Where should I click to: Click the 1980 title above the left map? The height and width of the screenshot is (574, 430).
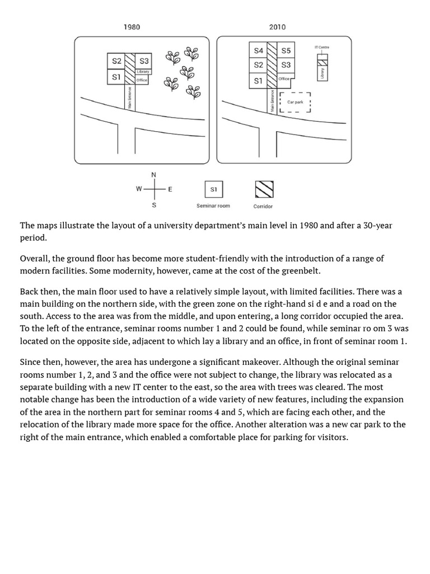pos(132,27)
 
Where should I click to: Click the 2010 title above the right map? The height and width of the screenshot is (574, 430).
pos(277,27)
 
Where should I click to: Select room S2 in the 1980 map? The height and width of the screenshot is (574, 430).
pos(116,61)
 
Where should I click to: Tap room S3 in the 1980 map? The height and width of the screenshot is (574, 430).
pos(144,61)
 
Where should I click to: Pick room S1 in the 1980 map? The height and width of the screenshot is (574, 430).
pos(116,77)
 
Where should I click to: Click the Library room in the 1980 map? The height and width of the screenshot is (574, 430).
pos(143,72)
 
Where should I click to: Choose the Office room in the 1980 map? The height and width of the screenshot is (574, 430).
pos(142,80)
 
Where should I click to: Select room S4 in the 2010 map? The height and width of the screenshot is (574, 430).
pos(258,50)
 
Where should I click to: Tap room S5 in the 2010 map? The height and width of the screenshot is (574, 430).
pos(286,50)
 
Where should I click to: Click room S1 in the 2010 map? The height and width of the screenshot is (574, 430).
pos(258,81)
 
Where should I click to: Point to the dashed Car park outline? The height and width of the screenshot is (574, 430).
pos(295,102)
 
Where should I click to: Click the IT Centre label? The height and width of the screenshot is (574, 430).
pos(322,48)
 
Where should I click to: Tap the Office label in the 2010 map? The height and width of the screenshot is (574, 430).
pos(284,79)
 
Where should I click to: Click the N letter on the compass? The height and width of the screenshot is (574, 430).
pos(154,174)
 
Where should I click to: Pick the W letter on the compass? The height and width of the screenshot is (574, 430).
pos(139,189)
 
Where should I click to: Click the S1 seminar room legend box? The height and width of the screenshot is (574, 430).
pos(213,189)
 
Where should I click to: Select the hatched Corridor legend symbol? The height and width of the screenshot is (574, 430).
pos(264,189)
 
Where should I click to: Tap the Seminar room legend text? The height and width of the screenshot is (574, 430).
pos(213,206)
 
